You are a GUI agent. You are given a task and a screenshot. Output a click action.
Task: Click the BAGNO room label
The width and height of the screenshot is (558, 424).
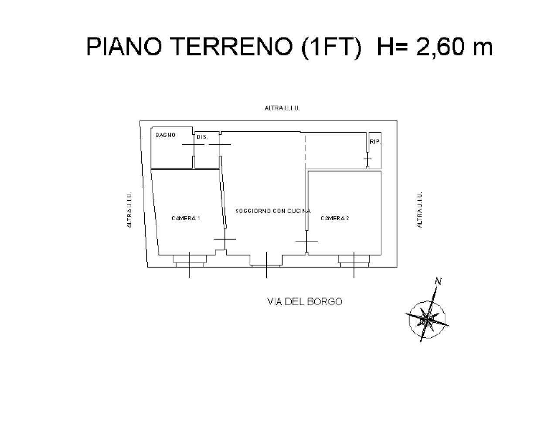point(166,135)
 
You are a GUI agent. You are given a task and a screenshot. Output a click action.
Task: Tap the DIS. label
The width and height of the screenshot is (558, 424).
point(202,137)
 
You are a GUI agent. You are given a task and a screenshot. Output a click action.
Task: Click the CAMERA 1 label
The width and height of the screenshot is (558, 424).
point(186,218)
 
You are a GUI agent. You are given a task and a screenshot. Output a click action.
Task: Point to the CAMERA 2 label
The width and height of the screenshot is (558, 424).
point(335,218)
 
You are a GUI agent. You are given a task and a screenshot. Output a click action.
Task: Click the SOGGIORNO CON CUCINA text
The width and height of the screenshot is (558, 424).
point(273,211)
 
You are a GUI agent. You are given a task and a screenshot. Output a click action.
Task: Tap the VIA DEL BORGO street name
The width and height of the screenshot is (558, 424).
point(304,301)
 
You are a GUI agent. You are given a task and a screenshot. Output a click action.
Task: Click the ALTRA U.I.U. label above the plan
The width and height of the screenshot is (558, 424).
point(282,108)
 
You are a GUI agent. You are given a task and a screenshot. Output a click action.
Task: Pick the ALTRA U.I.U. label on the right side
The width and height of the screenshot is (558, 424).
point(420,210)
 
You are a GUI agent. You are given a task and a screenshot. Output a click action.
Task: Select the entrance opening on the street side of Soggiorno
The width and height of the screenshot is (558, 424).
point(266,262)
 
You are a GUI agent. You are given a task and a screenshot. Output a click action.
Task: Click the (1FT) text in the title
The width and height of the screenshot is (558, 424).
point(331,47)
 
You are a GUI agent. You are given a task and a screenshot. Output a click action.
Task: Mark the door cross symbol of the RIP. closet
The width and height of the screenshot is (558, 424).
point(367,159)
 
